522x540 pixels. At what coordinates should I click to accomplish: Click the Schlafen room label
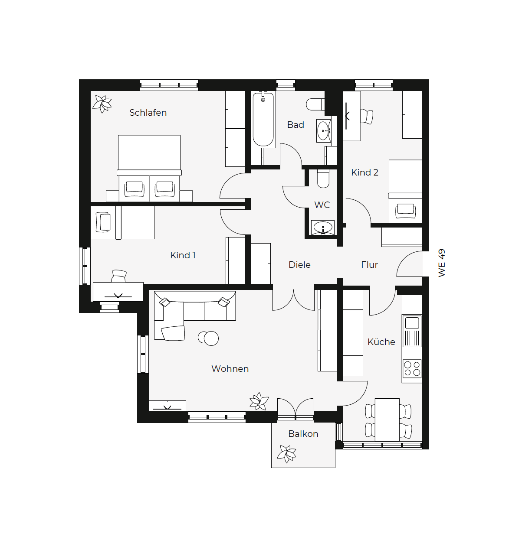coord(148,113)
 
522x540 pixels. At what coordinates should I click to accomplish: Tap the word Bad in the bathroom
coord(295,125)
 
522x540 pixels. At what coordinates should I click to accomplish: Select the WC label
coord(322,205)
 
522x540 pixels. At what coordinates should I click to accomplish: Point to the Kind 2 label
coord(364,172)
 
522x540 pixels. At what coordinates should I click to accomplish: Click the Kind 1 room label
coord(183,255)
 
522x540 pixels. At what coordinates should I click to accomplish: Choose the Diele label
coord(299,265)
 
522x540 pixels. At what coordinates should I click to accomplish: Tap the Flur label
coord(369,265)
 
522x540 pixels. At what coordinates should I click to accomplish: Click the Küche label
coord(381,342)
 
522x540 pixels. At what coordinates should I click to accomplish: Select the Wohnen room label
coord(230,369)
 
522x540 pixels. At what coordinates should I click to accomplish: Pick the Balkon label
coord(303,434)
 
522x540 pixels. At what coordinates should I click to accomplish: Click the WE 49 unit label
coord(441,263)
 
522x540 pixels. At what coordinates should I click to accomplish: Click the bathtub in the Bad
coord(263,119)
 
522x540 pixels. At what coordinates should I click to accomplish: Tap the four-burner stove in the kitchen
coord(412,369)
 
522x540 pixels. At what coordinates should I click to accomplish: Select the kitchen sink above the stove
coord(412,331)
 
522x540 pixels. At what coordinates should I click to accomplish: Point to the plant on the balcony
coord(286,454)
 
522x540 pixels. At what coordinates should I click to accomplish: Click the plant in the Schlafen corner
coord(102,104)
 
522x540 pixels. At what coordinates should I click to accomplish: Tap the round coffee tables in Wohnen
coord(208,338)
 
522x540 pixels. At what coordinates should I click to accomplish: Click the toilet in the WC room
coord(323,179)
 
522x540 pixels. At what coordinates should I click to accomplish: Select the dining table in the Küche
coord(387,420)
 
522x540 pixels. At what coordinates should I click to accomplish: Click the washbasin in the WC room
coord(323,228)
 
